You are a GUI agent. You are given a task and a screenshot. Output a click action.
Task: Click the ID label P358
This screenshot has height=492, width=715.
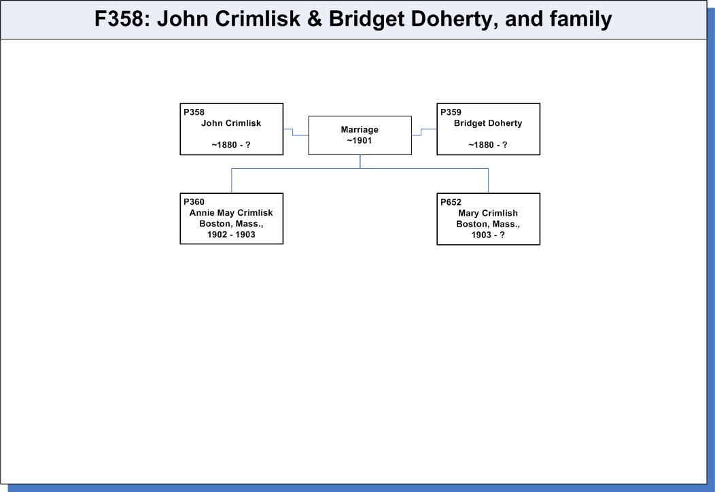pos(194,112)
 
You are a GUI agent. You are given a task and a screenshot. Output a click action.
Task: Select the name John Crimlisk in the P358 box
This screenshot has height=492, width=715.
pos(231,123)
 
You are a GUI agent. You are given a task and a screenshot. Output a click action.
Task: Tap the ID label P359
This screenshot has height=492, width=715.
pos(451,112)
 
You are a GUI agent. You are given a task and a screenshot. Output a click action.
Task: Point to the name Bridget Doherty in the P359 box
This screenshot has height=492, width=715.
pos(488,123)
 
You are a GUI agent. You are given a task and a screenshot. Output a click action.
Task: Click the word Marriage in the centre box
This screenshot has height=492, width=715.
pos(360,129)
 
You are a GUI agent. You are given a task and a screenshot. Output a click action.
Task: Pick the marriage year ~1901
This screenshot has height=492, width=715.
pos(360,141)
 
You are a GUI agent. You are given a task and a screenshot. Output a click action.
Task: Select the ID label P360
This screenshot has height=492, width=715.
pos(194,201)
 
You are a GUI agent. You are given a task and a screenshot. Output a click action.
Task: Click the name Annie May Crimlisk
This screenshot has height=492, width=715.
pos(231,213)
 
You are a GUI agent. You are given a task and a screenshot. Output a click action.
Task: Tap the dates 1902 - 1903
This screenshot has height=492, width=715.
pos(231,235)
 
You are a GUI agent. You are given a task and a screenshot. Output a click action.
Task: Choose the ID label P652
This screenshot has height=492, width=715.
pos(451,202)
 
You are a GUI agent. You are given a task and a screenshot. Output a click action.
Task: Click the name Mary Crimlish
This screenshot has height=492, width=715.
pos(488,213)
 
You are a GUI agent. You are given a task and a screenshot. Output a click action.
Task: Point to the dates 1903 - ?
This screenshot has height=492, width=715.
pos(488,235)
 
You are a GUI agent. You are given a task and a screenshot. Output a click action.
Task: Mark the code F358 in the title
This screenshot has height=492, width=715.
pos(119,19)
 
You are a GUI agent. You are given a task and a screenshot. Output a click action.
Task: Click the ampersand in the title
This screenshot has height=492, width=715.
pos(315,19)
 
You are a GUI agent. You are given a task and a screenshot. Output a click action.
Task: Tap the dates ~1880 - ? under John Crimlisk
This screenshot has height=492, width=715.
pos(231,145)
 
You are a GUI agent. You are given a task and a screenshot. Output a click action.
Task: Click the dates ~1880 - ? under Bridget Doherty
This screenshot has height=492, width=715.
pos(488,145)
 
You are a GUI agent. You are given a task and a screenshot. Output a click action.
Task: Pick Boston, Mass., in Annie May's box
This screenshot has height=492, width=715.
pos(231,224)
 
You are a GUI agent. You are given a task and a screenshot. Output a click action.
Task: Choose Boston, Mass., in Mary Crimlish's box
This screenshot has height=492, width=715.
pos(488,225)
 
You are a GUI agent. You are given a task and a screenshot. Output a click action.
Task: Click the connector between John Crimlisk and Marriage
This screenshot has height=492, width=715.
pos(293,132)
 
